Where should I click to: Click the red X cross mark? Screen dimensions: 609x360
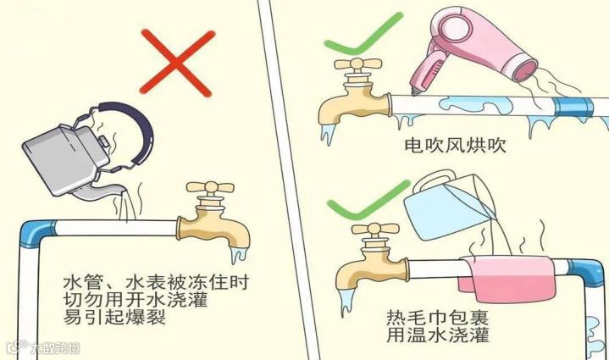tap(177, 62)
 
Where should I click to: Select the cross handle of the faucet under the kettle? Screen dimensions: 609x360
tap(210, 188)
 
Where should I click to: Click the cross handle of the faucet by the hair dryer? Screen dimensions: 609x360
tap(357, 64)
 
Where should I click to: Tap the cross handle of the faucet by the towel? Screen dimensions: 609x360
tap(375, 229)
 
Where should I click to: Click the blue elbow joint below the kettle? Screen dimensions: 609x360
tap(35, 233)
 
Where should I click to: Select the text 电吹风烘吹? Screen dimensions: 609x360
tap(455, 146)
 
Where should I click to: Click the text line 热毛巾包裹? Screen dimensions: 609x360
tap(437, 318)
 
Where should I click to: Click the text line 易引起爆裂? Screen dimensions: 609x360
tap(114, 317)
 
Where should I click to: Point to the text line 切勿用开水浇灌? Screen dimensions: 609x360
tap(136, 299)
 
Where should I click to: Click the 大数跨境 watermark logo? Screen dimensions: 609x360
tap(43, 347)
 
